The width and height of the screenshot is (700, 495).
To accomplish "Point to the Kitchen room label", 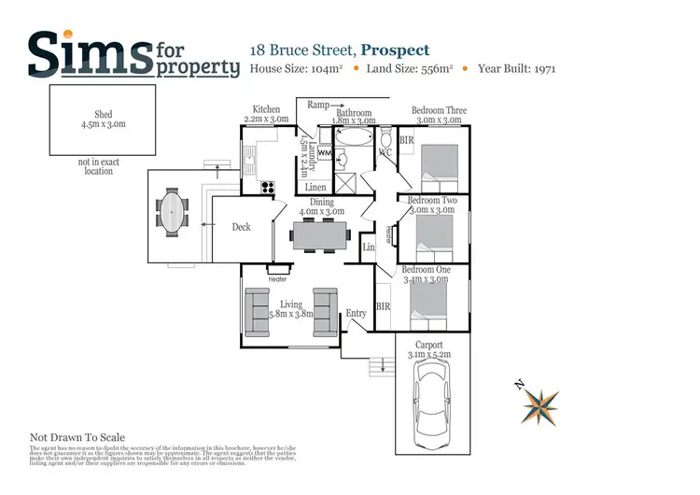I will click(x=266, y=109).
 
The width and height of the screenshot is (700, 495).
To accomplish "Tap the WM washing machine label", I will click(x=324, y=151).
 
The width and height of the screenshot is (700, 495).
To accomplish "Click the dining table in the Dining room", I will click(x=318, y=235).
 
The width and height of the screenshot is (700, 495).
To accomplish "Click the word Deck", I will click(x=242, y=227).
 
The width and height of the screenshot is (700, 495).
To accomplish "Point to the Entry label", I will click(x=356, y=314).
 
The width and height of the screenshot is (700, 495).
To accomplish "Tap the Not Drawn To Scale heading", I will click(x=77, y=437).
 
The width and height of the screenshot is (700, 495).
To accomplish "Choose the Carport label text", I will click(x=429, y=345).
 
